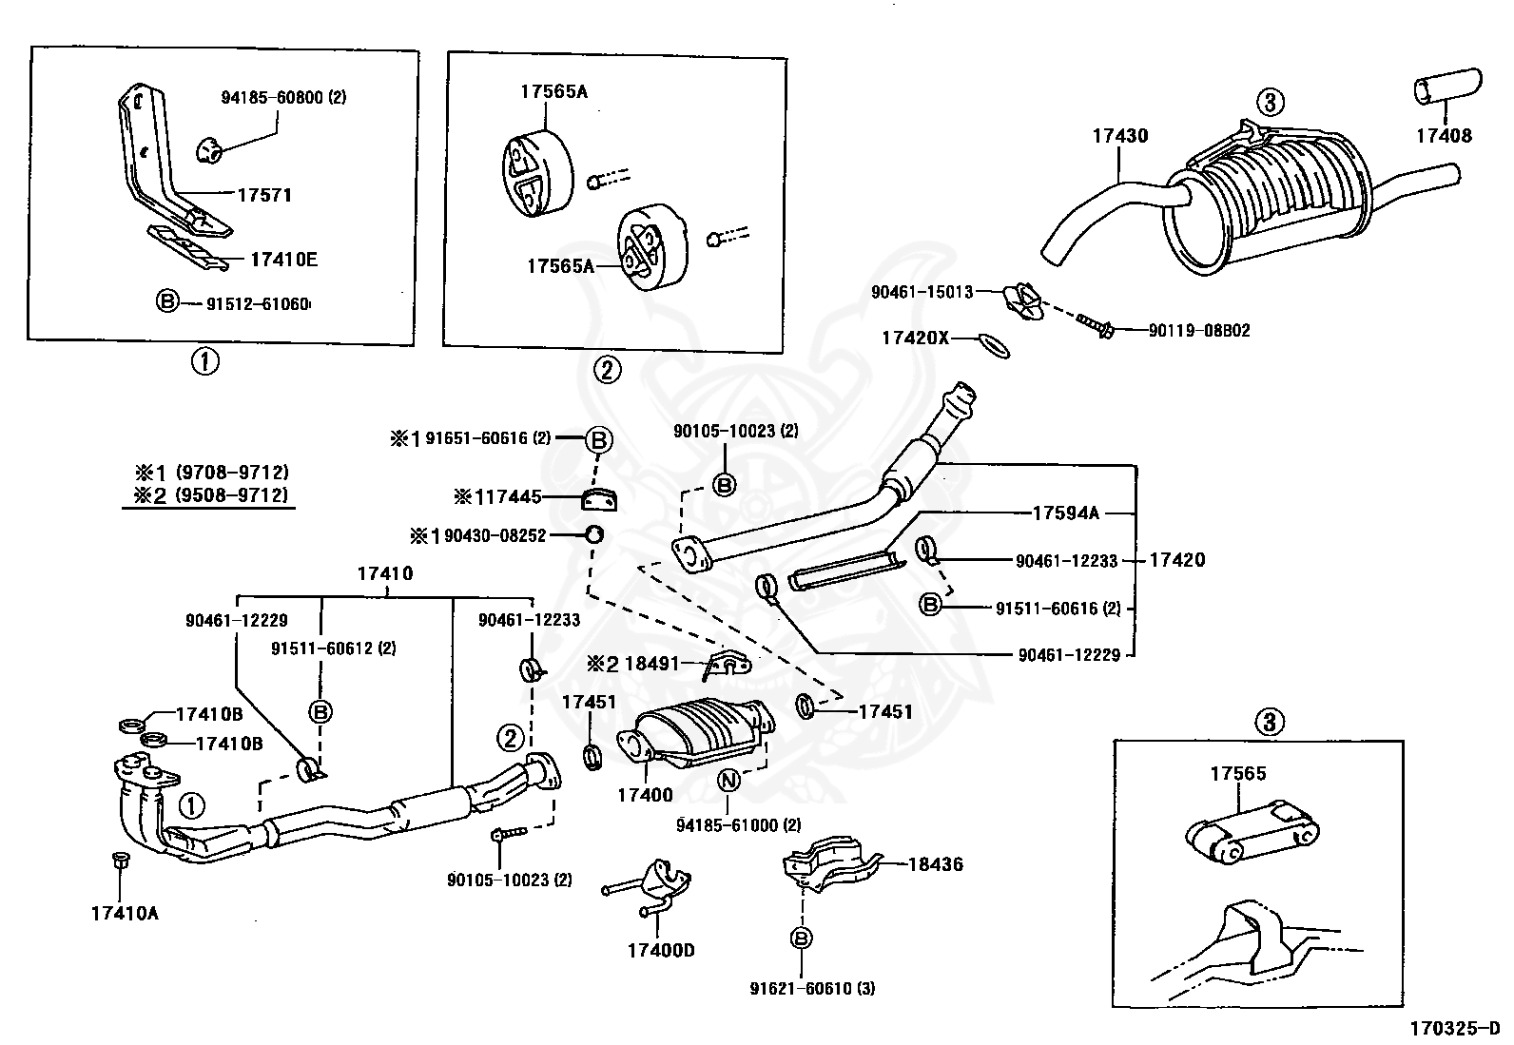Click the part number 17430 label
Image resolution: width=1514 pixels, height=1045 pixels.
[x=1119, y=136]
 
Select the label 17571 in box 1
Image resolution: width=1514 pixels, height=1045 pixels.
[x=264, y=195]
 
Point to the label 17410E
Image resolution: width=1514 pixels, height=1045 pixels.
[x=284, y=259]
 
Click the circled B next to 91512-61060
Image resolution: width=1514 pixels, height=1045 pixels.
[x=166, y=302]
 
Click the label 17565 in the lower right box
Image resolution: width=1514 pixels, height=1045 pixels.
[x=1237, y=773]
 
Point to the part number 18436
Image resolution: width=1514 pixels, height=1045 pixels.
[x=935, y=864]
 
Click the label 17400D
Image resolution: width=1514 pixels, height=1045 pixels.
[x=661, y=949]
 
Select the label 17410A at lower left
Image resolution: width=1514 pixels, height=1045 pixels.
[x=125, y=914]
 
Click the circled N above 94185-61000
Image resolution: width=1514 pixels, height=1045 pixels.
[x=728, y=781]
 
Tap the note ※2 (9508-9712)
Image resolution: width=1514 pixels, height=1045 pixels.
[x=210, y=494]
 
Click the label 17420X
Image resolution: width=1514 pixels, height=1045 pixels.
[x=915, y=338]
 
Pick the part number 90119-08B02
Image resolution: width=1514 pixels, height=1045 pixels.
[x=1198, y=331]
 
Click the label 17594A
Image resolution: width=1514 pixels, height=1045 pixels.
[x=1065, y=513]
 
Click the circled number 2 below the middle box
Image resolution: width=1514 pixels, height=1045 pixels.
[x=607, y=370]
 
